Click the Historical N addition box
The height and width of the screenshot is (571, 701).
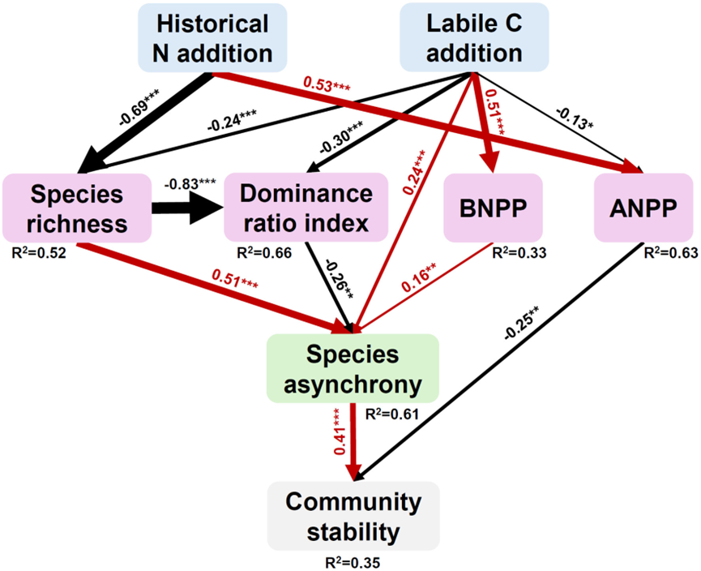[x=212, y=39]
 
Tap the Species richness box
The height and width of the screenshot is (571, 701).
[x=76, y=208]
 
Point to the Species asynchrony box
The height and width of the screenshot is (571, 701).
[x=353, y=367]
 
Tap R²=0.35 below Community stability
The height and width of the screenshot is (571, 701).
[x=352, y=560]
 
